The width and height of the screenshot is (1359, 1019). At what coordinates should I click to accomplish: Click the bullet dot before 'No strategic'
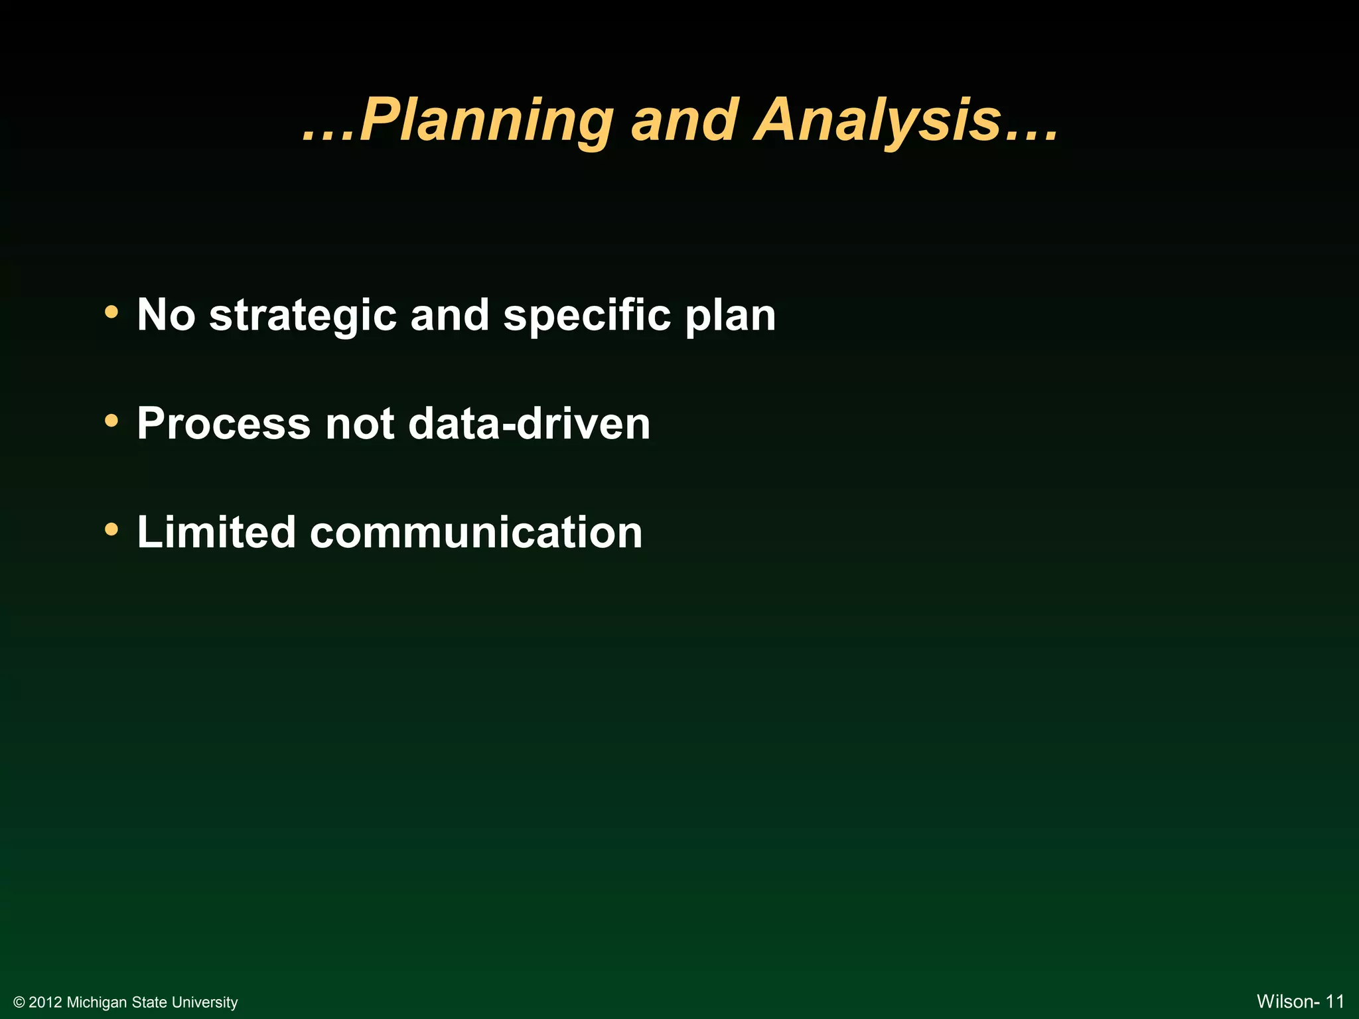pos(111,311)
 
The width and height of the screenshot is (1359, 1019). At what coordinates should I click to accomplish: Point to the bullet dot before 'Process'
pos(111,420)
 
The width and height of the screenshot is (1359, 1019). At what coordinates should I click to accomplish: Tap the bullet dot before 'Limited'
pos(111,529)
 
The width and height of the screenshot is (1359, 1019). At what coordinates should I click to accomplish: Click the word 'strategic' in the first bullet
pos(303,315)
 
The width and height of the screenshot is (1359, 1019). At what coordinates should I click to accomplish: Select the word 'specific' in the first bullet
pos(587,315)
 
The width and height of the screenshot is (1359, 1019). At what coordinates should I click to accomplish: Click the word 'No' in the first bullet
pos(166,315)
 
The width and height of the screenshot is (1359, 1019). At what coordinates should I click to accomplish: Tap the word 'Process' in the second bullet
pos(224,424)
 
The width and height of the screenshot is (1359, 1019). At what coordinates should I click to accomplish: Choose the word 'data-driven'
pos(529,424)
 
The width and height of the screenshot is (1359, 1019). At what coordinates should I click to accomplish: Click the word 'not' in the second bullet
pos(360,424)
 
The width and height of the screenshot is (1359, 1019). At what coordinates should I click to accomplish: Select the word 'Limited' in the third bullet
pos(216,533)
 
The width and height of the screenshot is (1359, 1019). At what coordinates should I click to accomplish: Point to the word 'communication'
pos(476,533)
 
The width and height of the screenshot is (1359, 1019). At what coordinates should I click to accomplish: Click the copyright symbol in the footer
pos(19,1002)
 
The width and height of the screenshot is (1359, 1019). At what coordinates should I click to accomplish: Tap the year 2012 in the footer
pos(46,1002)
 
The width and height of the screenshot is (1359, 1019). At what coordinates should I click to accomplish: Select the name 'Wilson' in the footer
pos(1284,1002)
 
